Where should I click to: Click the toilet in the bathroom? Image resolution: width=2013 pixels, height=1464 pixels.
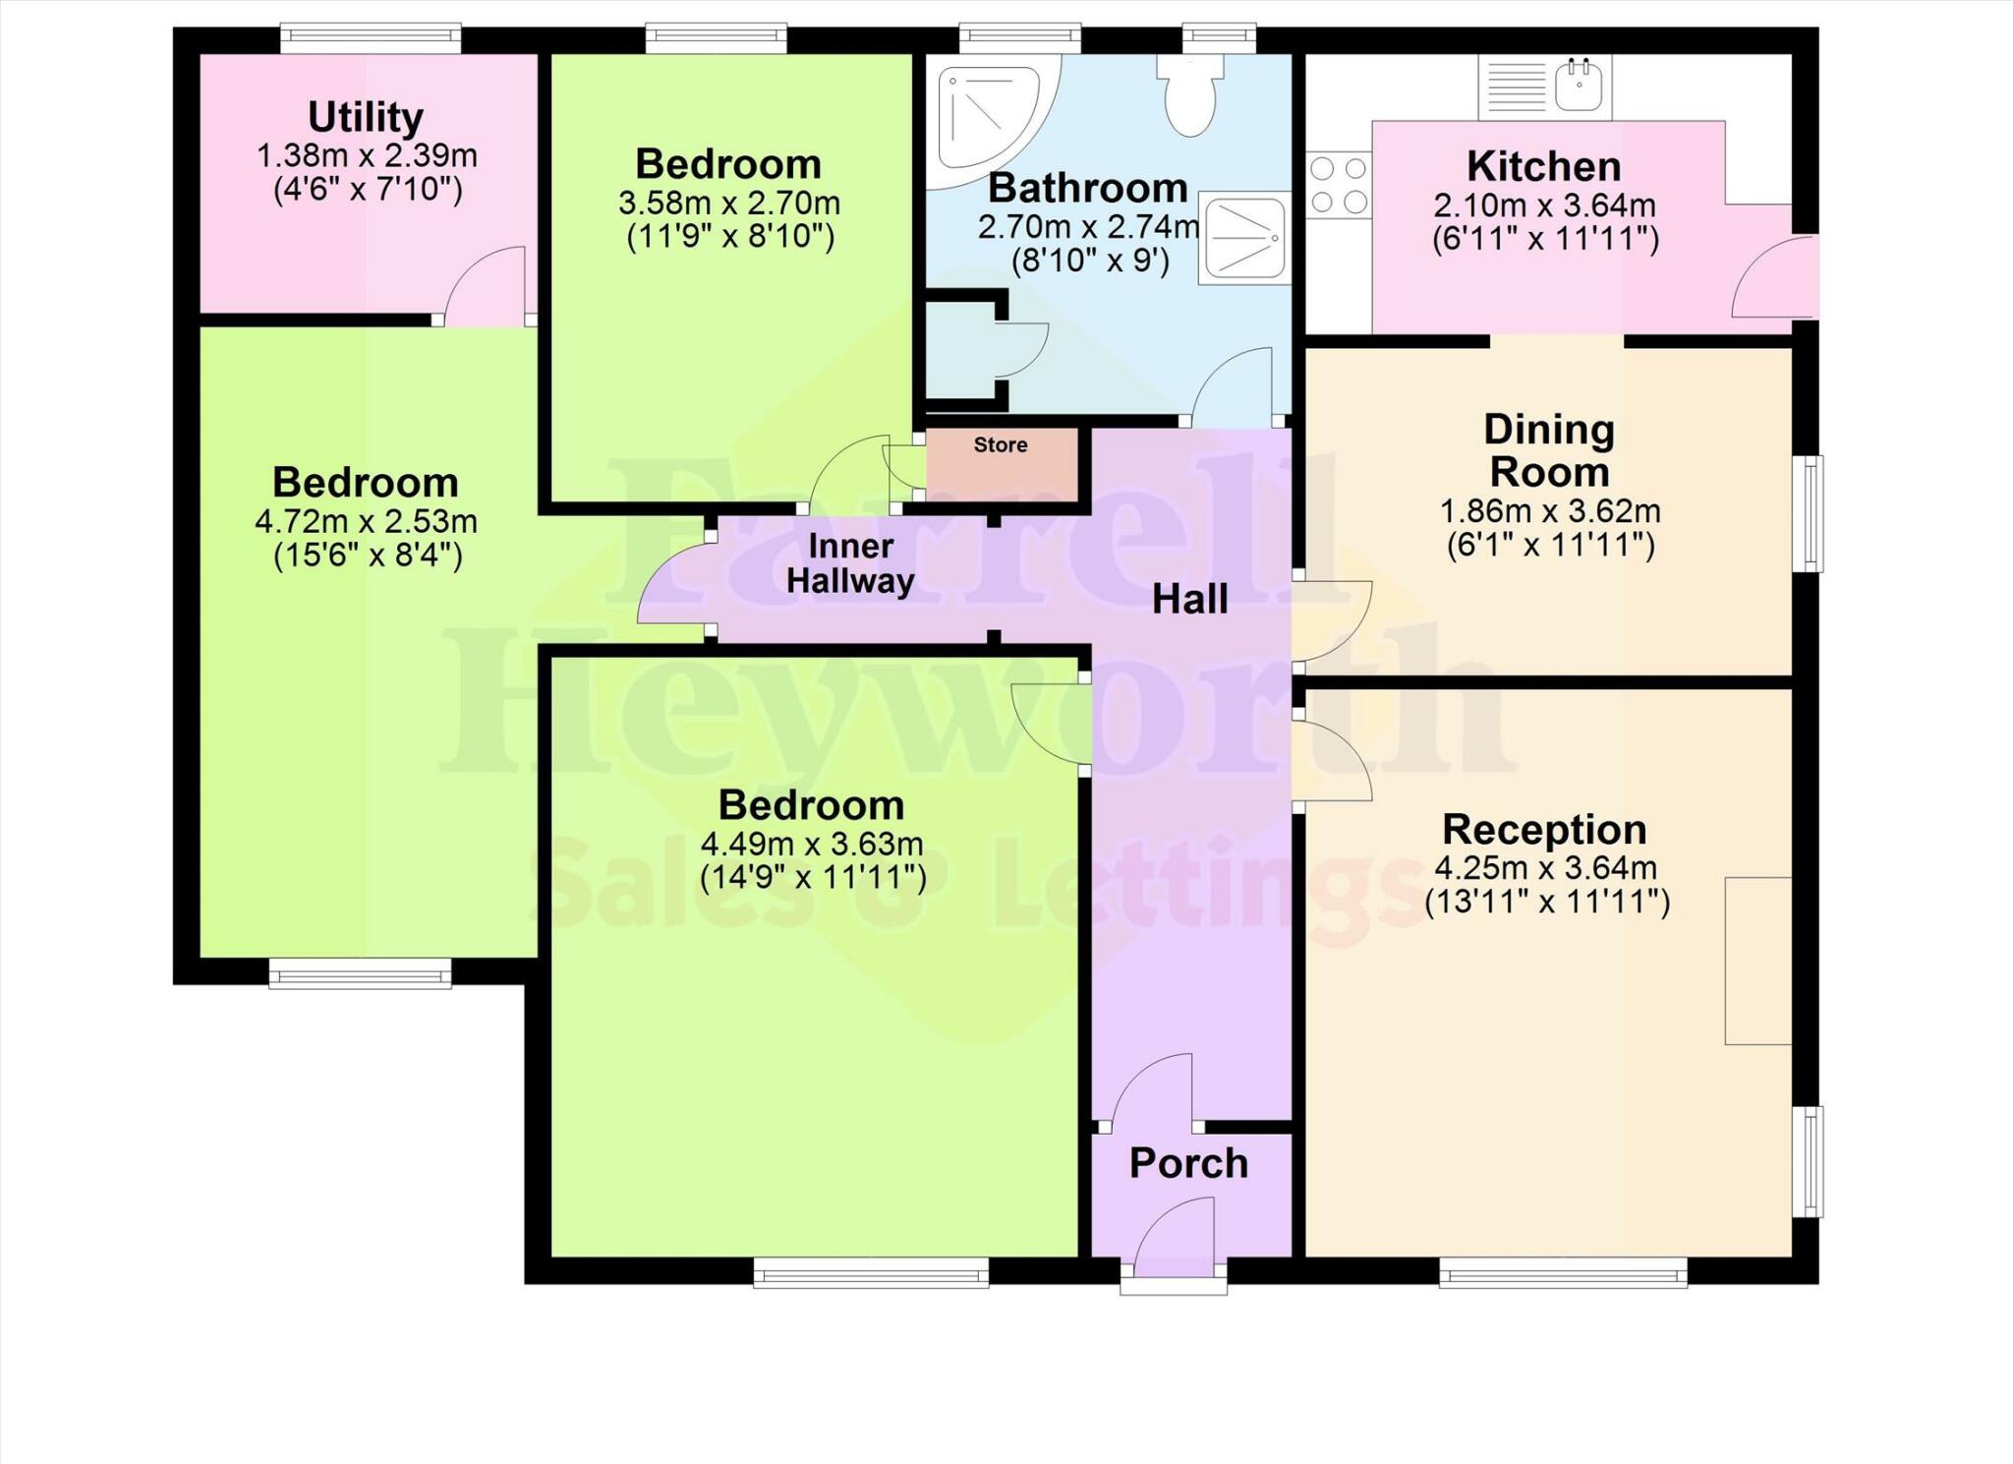pyautogui.click(x=1190, y=96)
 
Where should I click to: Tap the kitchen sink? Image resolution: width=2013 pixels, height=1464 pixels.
pyautogui.click(x=1579, y=87)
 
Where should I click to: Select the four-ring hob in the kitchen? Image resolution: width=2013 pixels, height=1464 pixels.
pyautogui.click(x=1338, y=185)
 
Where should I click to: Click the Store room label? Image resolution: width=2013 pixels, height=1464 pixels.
pyautogui.click(x=1001, y=445)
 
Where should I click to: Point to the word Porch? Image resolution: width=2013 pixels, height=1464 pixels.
pyautogui.click(x=1188, y=1164)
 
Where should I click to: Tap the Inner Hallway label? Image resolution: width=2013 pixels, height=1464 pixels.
pyautogui.click(x=850, y=563)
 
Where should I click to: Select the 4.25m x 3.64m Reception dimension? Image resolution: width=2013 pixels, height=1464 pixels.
pyautogui.click(x=1545, y=868)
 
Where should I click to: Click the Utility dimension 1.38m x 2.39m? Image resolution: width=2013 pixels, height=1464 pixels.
pyautogui.click(x=367, y=155)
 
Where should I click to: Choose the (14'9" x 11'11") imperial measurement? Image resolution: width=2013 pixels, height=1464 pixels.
pyautogui.click(x=813, y=877)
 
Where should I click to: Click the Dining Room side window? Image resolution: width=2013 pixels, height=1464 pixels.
pyautogui.click(x=1808, y=513)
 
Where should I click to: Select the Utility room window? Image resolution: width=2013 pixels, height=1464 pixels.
pyautogui.click(x=371, y=39)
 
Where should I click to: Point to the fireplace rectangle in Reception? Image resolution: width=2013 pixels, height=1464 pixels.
pyautogui.click(x=1757, y=961)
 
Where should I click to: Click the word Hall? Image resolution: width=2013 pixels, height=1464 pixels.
pyautogui.click(x=1189, y=600)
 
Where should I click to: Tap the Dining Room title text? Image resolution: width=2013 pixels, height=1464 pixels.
pyautogui.click(x=1549, y=451)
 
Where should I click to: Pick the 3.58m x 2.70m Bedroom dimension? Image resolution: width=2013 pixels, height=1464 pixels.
pyautogui.click(x=728, y=204)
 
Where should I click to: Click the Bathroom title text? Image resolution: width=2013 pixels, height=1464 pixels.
pyautogui.click(x=1087, y=188)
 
